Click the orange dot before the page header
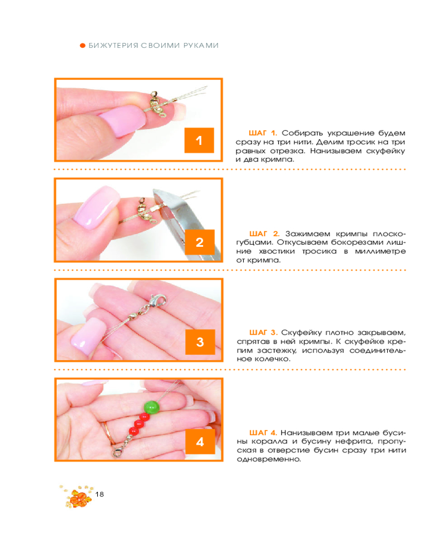pyautogui.click(x=83, y=46)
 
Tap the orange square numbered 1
pyautogui.click(x=199, y=140)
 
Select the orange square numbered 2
pyautogui.click(x=200, y=242)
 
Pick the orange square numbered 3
pyautogui.click(x=200, y=342)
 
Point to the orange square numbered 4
pyautogui.click(x=200, y=442)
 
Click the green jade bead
pyautogui.click(x=151, y=408)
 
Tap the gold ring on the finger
pyautogui.click(x=107, y=433)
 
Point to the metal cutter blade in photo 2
pyautogui.click(x=185, y=220)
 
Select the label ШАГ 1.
pyautogui.click(x=263, y=133)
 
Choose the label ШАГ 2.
pyautogui.click(x=264, y=234)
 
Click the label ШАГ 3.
pyautogui.click(x=263, y=333)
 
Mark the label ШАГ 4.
pyautogui.click(x=263, y=433)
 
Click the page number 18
pyautogui.click(x=100, y=494)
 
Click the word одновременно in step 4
pyautogui.click(x=269, y=460)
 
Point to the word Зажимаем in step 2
pyautogui.click(x=308, y=234)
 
